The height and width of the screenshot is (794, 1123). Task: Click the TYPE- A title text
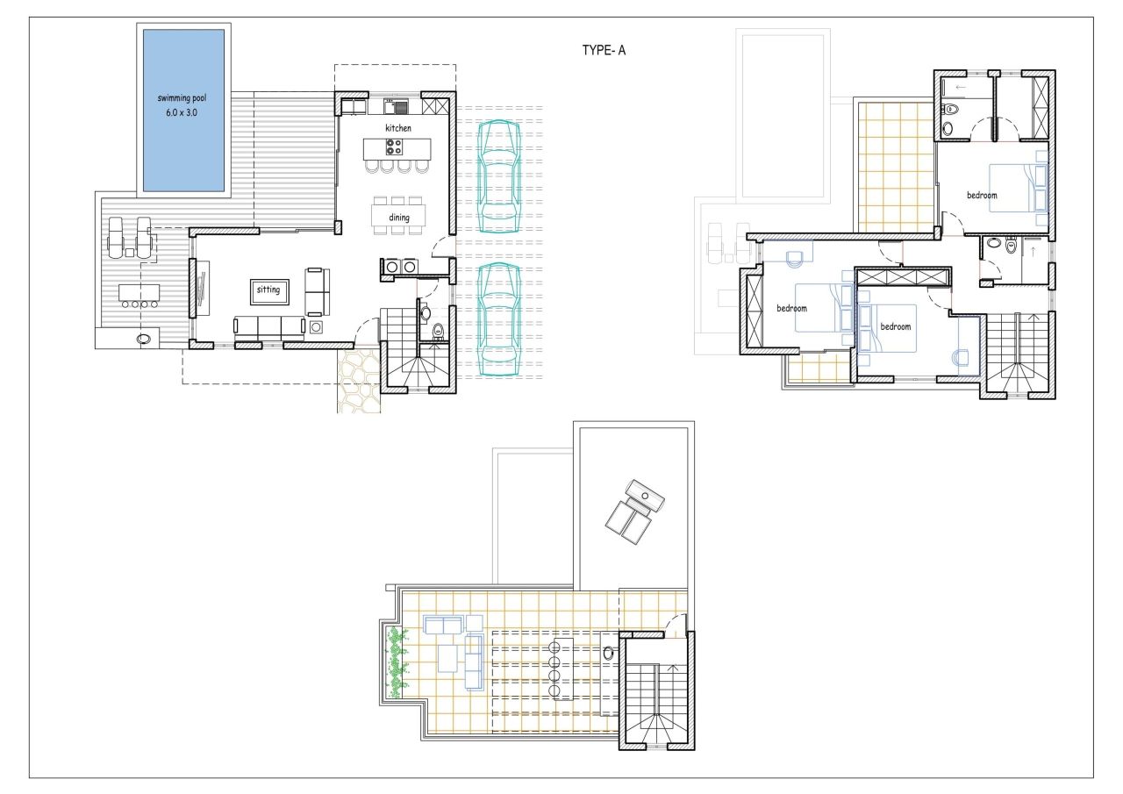coord(604,51)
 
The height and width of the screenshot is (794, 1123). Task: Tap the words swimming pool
coord(182,98)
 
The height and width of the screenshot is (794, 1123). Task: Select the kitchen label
coord(397,128)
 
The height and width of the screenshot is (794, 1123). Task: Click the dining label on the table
coord(399,217)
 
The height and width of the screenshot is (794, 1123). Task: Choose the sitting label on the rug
coord(268,290)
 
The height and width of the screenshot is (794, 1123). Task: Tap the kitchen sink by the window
coord(400,108)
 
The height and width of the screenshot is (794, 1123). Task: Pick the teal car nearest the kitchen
coord(497,175)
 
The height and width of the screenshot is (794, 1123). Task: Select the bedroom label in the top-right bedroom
coord(982,195)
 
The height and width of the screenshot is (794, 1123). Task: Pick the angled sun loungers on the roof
coord(634,509)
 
